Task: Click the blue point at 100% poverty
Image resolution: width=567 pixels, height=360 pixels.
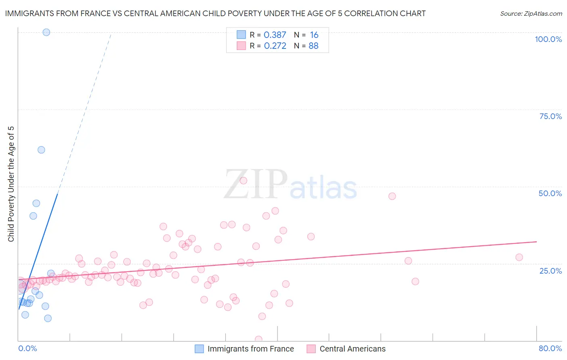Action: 46,32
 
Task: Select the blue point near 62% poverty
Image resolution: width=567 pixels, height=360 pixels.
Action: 41,150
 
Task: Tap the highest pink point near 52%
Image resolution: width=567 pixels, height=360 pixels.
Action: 243,181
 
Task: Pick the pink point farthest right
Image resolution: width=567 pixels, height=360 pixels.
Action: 519,257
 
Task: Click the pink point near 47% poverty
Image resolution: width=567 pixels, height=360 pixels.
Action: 392,196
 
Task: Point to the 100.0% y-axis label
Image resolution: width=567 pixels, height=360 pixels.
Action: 548,39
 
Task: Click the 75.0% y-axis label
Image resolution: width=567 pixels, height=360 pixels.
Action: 550,116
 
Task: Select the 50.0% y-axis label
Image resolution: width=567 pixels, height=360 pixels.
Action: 550,193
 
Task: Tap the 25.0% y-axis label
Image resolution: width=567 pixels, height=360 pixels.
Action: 550,271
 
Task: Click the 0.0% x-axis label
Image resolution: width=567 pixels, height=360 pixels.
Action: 27,348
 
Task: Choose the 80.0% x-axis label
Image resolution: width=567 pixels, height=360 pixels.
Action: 550,348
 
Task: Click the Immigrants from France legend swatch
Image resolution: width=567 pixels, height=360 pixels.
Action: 199,349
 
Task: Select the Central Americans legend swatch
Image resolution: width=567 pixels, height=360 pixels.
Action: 311,349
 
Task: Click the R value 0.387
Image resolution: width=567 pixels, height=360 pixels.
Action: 275,35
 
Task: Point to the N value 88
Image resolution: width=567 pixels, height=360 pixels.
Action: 313,46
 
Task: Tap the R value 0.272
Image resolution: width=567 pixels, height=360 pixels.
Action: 275,46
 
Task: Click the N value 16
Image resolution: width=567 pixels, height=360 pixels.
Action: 314,35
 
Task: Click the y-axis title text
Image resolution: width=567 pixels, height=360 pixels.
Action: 11,184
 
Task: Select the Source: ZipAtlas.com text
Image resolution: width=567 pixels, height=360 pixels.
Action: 531,14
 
